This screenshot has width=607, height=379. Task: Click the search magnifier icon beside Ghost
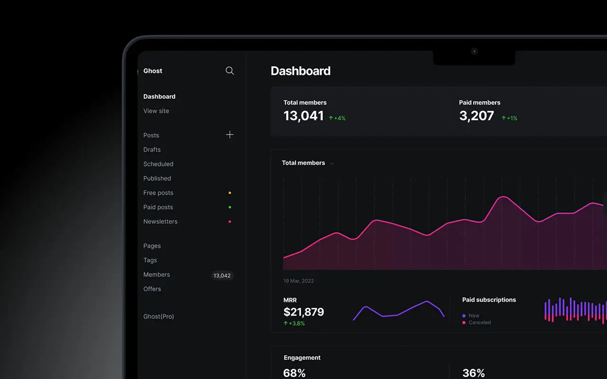230,71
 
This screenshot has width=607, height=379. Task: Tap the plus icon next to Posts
230,135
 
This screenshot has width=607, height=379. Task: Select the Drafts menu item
152,150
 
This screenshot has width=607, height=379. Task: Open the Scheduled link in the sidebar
158,164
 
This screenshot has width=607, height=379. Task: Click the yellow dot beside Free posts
230,193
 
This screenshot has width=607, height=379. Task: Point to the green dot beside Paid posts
230,207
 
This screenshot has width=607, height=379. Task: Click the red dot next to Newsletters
230,222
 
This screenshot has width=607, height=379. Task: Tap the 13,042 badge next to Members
222,275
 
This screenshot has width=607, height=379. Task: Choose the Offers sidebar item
152,289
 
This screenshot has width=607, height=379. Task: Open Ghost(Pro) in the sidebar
158,316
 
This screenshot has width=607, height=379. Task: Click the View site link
156,111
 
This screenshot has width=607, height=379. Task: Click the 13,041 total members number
303,116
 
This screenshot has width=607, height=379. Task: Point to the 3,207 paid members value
476,116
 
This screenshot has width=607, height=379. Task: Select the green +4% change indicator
337,118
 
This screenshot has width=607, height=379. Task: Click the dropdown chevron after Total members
332,163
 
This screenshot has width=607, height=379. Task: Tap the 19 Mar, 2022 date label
298,281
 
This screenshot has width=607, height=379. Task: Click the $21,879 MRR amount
303,312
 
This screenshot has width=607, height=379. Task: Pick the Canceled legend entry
479,323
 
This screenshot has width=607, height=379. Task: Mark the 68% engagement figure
294,373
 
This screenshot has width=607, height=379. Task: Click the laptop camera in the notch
474,51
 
